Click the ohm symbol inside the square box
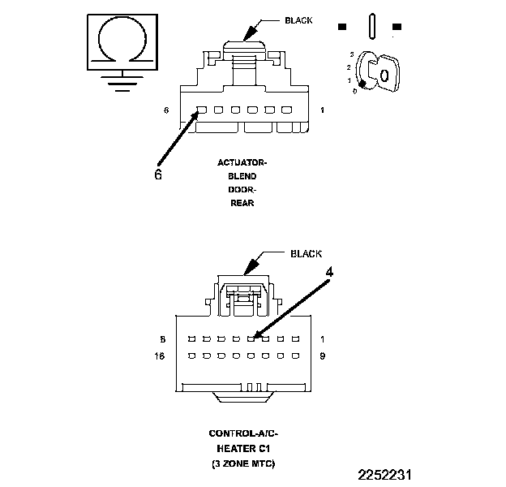click(122, 39)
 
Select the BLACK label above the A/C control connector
click(306, 253)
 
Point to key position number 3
click(351, 53)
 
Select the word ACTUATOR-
click(242, 162)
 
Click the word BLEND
click(242, 176)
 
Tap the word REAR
click(242, 203)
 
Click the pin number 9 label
click(323, 356)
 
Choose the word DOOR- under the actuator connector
click(242, 189)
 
